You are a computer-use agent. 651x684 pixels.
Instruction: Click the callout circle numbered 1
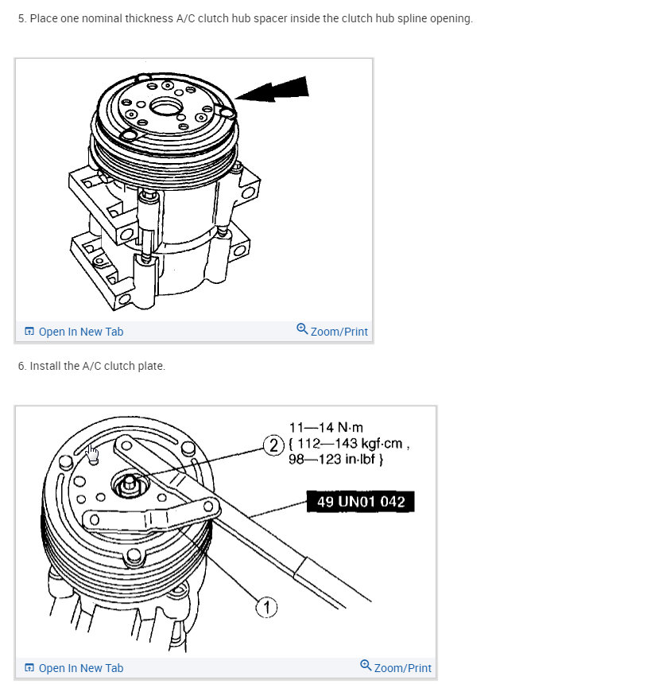tap(266, 608)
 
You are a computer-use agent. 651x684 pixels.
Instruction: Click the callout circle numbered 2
tap(273, 445)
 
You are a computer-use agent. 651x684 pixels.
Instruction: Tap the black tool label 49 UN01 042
tap(361, 502)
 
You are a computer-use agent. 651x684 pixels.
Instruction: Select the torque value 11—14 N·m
tap(327, 427)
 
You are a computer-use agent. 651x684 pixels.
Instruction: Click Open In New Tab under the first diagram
tap(80, 332)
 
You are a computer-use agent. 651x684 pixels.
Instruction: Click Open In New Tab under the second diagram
tap(80, 668)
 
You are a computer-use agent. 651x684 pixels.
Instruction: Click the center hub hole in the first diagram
tap(165, 105)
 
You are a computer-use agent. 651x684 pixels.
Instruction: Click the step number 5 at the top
tap(21, 18)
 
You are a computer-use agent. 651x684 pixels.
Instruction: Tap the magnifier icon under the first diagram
tap(302, 328)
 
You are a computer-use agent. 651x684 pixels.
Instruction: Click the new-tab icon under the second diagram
tap(29, 668)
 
